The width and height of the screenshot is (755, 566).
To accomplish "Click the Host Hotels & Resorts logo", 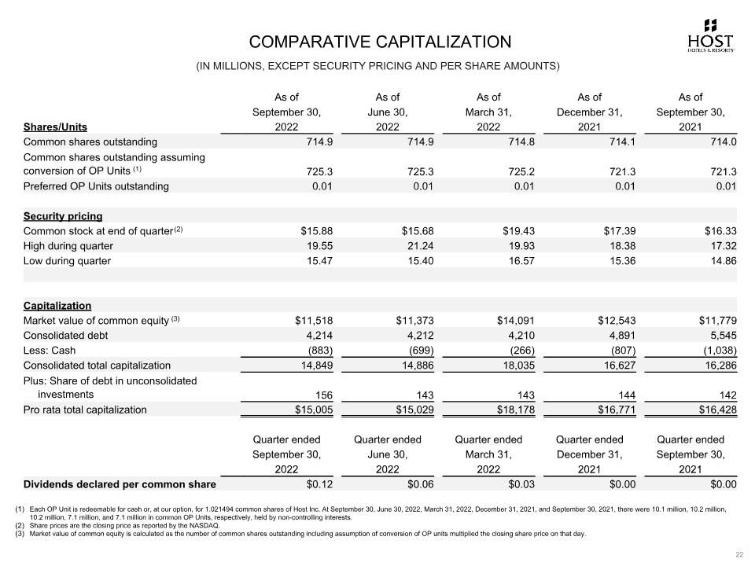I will (x=711, y=35).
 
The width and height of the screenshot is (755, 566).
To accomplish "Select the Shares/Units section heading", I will (x=55, y=127).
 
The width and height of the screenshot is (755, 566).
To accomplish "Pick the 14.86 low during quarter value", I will (x=721, y=261).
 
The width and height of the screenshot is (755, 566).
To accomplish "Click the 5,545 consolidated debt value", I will (x=721, y=336).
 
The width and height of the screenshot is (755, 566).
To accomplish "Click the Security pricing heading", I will (x=63, y=216).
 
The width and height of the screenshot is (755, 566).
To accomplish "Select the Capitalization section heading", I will (x=57, y=306).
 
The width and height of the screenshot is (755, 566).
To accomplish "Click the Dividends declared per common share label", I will (x=120, y=484).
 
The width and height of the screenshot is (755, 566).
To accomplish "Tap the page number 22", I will (x=739, y=555).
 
